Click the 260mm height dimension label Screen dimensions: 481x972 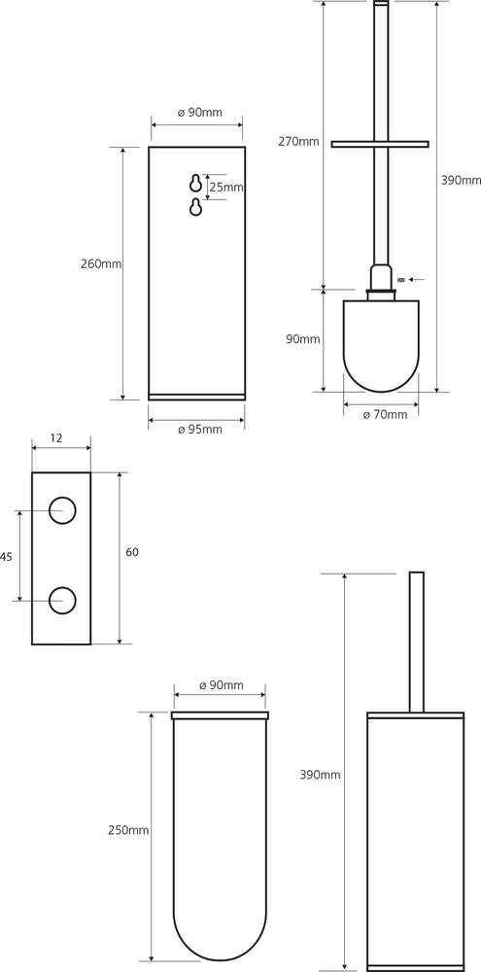pyautogui.click(x=101, y=264)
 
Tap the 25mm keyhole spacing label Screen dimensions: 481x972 pyautogui.click(x=225, y=187)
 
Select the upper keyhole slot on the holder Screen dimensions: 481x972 pyautogui.click(x=196, y=184)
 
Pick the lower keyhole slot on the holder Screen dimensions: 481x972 pyautogui.click(x=196, y=208)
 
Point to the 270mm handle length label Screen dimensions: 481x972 pyautogui.click(x=298, y=141)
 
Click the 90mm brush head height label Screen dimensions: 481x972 pyautogui.click(x=302, y=339)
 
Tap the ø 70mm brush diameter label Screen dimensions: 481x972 pyautogui.click(x=385, y=415)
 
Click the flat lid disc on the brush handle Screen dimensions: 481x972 pyautogui.click(x=379, y=145)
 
